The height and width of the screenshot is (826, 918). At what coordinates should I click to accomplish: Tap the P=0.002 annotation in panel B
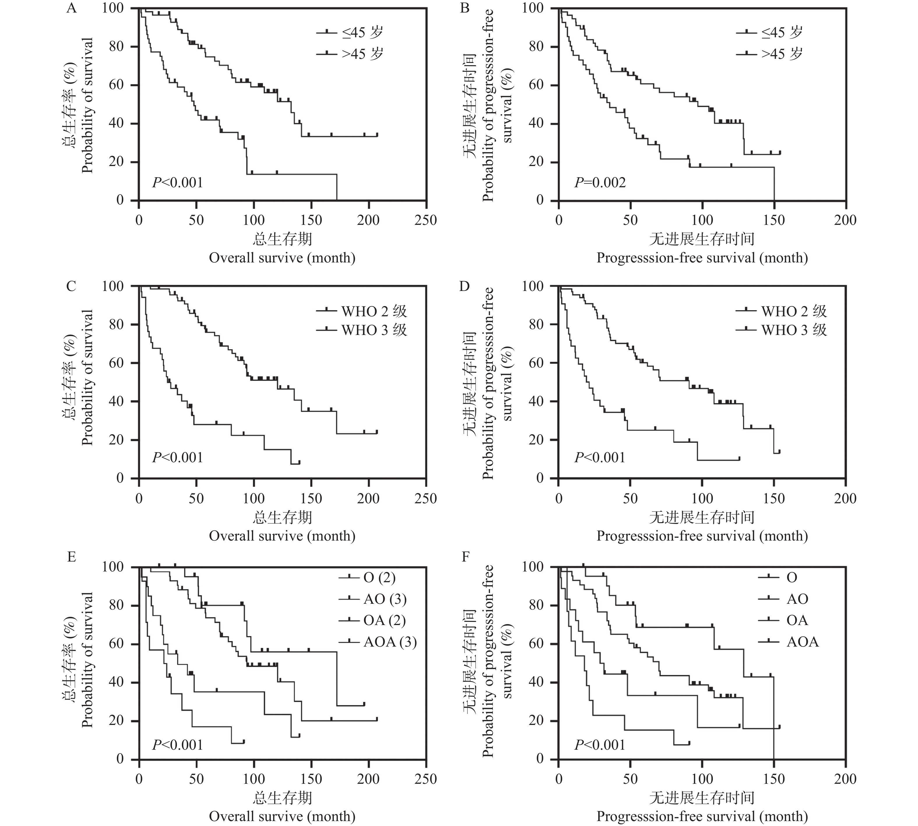coord(600,182)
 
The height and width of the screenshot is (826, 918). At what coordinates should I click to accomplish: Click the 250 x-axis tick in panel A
coord(425,220)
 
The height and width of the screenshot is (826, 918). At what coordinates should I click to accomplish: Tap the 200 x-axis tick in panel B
coord(845,220)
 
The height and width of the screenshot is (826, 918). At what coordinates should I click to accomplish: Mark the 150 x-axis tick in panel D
coord(774,498)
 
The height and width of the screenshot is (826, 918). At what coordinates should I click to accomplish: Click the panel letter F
coord(465,557)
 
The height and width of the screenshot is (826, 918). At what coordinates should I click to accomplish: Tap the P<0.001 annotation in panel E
coord(177,745)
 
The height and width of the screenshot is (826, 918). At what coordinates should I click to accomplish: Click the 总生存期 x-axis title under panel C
coord(282,517)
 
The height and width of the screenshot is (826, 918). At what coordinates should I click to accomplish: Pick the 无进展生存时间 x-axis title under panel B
coord(702,239)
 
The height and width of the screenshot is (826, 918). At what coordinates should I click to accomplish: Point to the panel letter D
coord(465,286)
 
